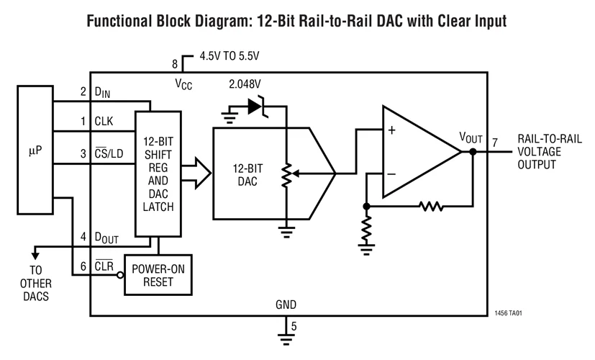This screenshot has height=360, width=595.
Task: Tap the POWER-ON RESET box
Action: point(158,274)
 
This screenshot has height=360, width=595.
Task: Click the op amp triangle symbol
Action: point(417,153)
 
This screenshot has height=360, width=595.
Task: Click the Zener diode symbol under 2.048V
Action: point(257,107)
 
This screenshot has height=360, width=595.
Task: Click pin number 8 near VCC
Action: point(175,64)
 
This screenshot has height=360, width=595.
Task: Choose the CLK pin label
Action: point(104,121)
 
